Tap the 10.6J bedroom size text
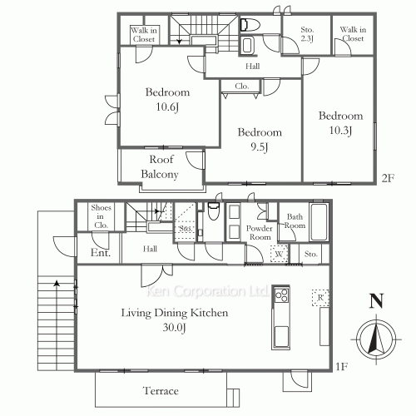coord(167,107)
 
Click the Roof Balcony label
coord(160,167)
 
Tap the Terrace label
coord(161,391)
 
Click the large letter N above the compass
coord(376,301)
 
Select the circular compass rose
coord(376,339)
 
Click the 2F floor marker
coord(388,178)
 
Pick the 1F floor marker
coord(342,367)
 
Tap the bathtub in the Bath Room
coord(319,222)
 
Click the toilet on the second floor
coord(250,25)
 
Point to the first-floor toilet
coord(214,211)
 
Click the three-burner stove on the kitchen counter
coord(281,295)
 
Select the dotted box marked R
coord(320,298)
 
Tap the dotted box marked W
coord(280,254)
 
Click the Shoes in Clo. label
coord(101,216)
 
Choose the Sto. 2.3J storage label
coord(307,34)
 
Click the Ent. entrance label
coord(101,253)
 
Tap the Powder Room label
coord(260,233)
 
